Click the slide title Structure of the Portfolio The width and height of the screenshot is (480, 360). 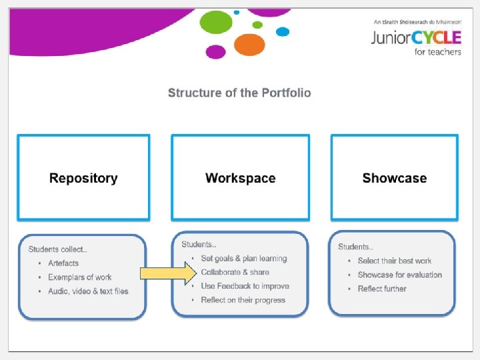pos(239,93)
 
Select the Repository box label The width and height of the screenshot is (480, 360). pos(83,178)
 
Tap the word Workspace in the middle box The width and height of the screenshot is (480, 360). pos(240,178)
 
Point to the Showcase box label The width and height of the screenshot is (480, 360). pos(394,178)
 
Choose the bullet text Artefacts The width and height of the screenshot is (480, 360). pos(63,263)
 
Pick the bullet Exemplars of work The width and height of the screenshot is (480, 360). pos(79,277)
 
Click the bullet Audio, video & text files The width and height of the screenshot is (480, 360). pos(88,291)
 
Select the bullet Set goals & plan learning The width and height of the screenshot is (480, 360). pos(244,259)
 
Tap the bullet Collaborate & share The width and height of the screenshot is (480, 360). pos(235,272)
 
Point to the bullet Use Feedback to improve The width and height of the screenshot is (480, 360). pos(245,286)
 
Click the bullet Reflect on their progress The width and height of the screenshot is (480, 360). pos(243,300)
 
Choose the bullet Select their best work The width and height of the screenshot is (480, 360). pos(395,261)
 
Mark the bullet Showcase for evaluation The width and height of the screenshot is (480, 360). pos(400,275)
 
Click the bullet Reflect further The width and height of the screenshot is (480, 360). pos(382,289)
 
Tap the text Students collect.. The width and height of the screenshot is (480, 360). pos(57,249)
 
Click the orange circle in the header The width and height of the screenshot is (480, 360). pos(250,45)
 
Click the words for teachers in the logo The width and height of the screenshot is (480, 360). pos(437,51)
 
